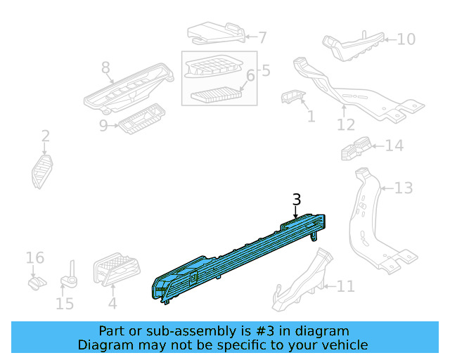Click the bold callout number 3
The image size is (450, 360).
click(x=297, y=199)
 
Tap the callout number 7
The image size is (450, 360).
click(x=262, y=38)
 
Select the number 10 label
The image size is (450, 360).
click(x=406, y=39)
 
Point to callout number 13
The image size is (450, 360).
click(x=404, y=188)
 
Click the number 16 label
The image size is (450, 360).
click(x=35, y=258)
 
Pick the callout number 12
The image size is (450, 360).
click(x=346, y=125)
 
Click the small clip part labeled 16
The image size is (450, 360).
click(x=37, y=283)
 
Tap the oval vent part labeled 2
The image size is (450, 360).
click(x=42, y=172)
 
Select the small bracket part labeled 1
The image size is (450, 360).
click(x=292, y=97)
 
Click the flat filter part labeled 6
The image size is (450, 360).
click(x=217, y=94)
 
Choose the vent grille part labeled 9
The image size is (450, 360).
click(x=142, y=119)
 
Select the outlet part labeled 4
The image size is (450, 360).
click(x=117, y=269)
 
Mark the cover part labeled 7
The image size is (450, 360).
click(x=217, y=33)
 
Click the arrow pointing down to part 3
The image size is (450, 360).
click(x=295, y=212)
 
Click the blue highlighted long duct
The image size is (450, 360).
click(x=238, y=258)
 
